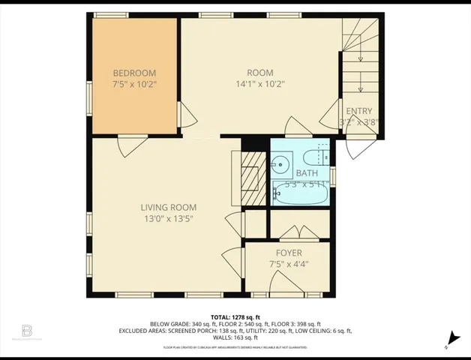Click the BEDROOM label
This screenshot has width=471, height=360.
(134, 73)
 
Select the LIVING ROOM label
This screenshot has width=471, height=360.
(169, 208)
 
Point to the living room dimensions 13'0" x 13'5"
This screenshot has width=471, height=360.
(169, 219)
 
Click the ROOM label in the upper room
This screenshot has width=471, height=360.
(260, 73)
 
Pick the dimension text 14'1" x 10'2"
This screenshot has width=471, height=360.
(260, 84)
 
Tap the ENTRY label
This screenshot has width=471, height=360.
(358, 111)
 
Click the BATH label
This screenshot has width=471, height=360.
(306, 173)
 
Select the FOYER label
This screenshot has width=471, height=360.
(289, 253)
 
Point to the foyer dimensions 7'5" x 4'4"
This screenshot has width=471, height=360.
(289, 264)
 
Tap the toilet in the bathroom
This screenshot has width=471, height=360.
(315, 157)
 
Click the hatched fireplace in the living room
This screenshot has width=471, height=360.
(250, 178)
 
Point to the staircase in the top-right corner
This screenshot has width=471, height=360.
(360, 52)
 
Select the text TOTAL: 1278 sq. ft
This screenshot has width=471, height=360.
(235, 317)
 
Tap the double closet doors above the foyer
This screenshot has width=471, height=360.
(299, 232)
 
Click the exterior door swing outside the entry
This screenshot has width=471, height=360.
(359, 147)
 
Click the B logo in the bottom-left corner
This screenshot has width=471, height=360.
(27, 331)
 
